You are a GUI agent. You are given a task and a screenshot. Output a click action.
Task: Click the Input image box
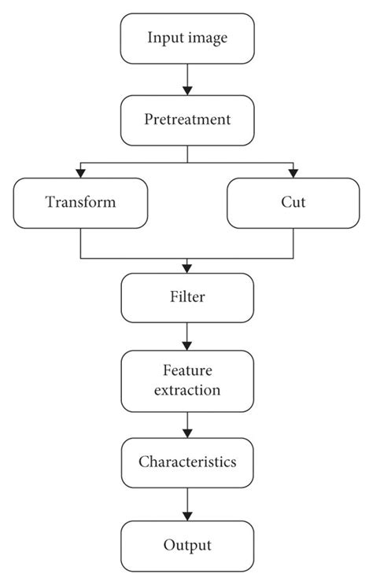tap(187, 38)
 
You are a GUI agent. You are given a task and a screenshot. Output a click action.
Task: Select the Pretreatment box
tap(187, 120)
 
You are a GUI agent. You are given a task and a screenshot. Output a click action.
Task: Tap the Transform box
tap(80, 202)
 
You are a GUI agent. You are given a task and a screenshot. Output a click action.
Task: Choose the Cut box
tap(294, 202)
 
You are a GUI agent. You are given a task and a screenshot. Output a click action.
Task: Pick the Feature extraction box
tap(187, 380)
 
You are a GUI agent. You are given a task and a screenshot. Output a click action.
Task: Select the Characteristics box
tap(187, 462)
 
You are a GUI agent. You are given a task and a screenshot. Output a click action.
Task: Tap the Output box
tap(187, 544)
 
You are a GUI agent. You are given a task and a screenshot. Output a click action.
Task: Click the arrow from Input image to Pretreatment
tap(187, 79)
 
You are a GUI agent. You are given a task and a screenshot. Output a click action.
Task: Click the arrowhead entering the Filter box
tap(187, 270)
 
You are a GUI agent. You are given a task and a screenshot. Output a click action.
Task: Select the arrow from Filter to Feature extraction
tap(187, 337)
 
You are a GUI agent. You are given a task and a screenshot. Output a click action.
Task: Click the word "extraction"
tap(187, 390)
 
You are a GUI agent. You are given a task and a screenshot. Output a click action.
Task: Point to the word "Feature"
tap(187, 370)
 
